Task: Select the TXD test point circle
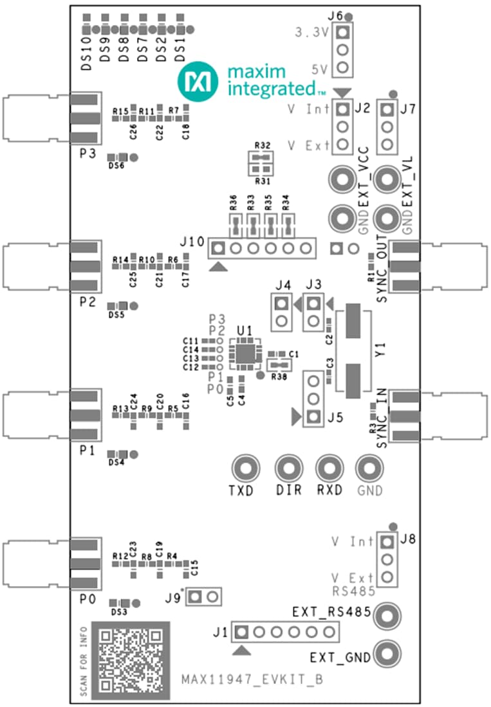[245, 469]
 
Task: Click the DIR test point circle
[287, 469]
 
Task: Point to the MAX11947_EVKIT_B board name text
[252, 679]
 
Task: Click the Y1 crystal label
[381, 350]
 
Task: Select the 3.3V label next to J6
[311, 31]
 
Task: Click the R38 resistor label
[279, 377]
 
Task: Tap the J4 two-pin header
[281, 312]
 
